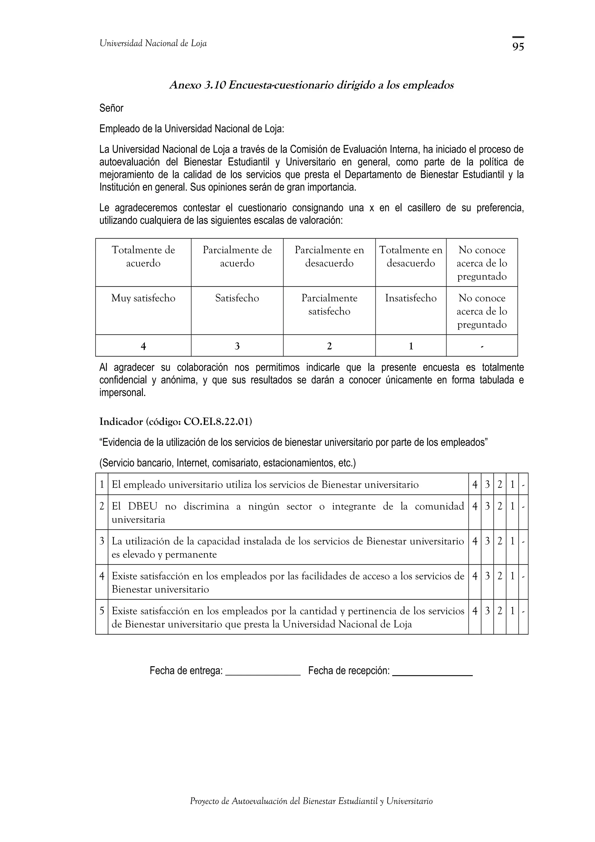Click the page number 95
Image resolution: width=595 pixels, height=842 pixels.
point(518,46)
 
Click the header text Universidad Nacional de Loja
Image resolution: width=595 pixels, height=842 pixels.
point(153,44)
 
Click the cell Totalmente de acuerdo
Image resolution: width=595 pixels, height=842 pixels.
point(143,257)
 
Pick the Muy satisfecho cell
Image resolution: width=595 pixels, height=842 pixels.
point(143,298)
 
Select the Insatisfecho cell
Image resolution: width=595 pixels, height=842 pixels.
point(411,298)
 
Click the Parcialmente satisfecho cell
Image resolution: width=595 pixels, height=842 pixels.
point(329,305)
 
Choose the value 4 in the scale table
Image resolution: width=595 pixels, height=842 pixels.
point(143,346)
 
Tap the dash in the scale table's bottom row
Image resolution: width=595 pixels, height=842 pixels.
point(482,346)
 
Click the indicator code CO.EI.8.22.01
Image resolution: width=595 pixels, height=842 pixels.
point(217,422)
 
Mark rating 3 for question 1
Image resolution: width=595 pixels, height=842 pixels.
point(487,484)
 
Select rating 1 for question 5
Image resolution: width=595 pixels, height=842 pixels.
point(512,611)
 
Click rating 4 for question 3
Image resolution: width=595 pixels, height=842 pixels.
point(475,541)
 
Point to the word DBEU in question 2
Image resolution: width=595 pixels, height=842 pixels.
point(143,506)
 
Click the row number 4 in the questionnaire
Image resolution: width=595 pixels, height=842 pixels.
point(102,576)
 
